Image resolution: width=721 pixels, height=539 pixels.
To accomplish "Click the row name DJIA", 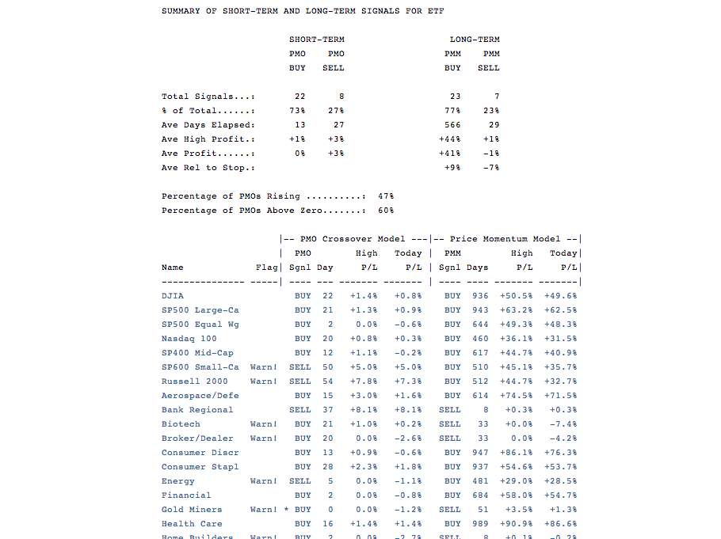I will pyautogui.click(x=173, y=296).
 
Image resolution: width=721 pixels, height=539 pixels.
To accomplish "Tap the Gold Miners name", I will pyautogui.click(x=192, y=510).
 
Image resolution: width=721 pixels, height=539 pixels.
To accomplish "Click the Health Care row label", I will pyautogui.click(x=192, y=524).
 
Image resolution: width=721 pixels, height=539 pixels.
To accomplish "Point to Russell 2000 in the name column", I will pyautogui.click(x=194, y=381).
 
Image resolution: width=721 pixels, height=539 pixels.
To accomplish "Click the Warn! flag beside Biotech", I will pyautogui.click(x=263, y=424).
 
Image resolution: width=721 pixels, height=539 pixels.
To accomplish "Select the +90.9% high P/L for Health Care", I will pyautogui.click(x=516, y=524).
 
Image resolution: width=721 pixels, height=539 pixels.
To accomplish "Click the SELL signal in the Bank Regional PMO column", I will pyautogui.click(x=300, y=410).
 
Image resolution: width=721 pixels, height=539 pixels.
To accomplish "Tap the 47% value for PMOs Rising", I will pyautogui.click(x=386, y=196).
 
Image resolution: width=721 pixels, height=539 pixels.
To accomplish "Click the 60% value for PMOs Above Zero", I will pyautogui.click(x=386, y=211).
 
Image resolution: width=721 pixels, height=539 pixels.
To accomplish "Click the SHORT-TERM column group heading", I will pyautogui.click(x=317, y=40).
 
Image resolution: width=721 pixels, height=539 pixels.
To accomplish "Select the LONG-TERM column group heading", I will pyautogui.click(x=475, y=40).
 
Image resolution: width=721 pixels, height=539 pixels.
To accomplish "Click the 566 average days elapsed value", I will pyautogui.click(x=452, y=125).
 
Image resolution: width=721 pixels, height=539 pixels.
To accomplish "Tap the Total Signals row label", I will pyautogui.click(x=208, y=97).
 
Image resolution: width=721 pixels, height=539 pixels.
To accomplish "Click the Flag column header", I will pyautogui.click(x=266, y=268).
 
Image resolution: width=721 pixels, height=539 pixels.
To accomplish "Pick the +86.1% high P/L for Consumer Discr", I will pyautogui.click(x=516, y=453).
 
